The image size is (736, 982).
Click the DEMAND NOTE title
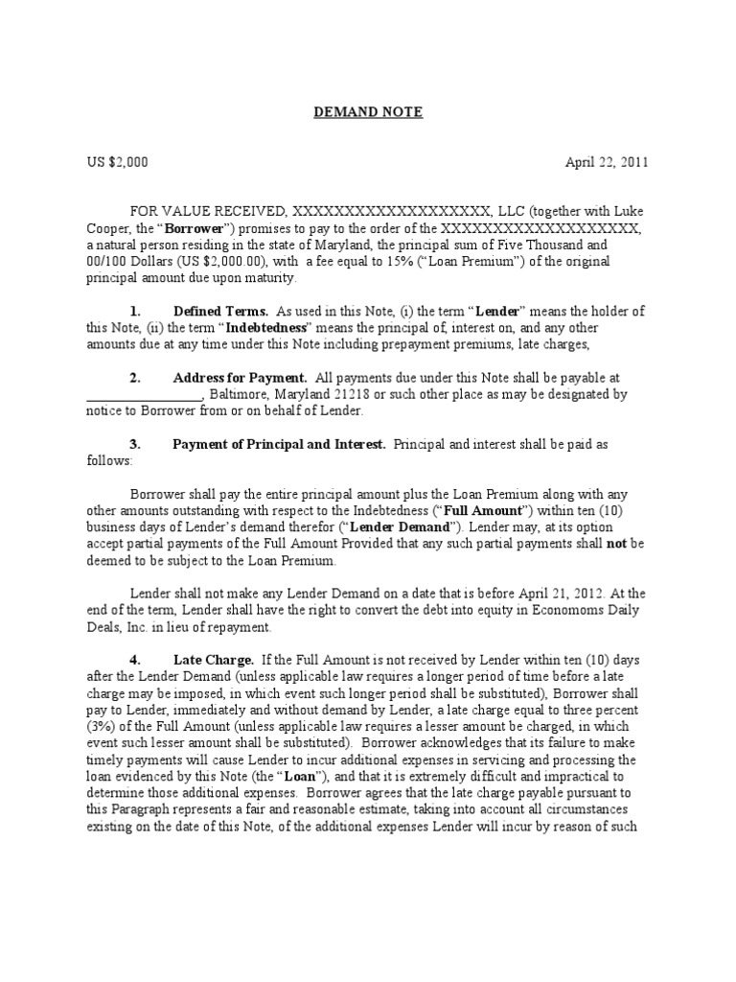[x=368, y=113]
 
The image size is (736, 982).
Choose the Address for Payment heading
[x=226, y=378]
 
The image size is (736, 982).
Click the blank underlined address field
[x=144, y=394]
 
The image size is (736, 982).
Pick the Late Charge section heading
[x=214, y=661]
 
